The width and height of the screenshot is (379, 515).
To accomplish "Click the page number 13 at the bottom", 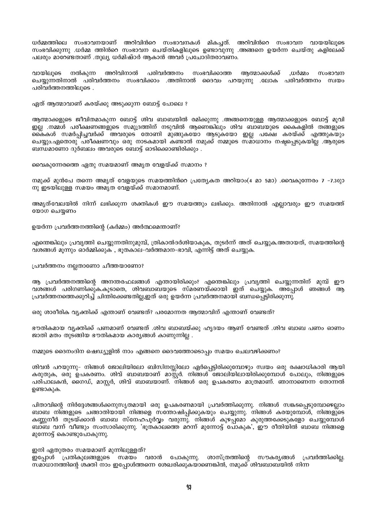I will pyautogui.click(x=189, y=486).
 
